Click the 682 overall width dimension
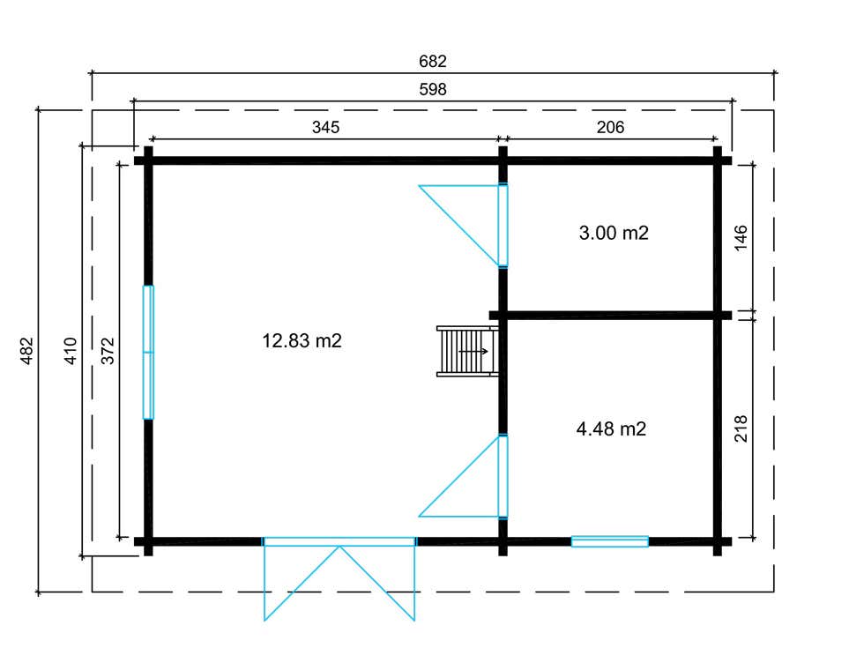(x=433, y=61)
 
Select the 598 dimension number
(x=433, y=89)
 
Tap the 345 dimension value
(x=325, y=127)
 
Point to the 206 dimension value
(x=610, y=127)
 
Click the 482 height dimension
(x=27, y=351)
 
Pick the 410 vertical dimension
(x=71, y=351)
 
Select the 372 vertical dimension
(x=108, y=351)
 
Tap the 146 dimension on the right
(x=741, y=238)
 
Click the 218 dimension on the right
(x=741, y=428)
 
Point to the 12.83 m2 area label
(x=302, y=340)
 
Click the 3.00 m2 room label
(x=614, y=233)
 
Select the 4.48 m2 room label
(x=611, y=428)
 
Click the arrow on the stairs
(x=473, y=352)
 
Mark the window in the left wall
(x=148, y=353)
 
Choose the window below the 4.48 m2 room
(x=610, y=541)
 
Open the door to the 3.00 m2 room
(x=503, y=226)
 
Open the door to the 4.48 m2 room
(x=503, y=476)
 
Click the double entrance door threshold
(x=339, y=541)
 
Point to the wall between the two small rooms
(x=610, y=315)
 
